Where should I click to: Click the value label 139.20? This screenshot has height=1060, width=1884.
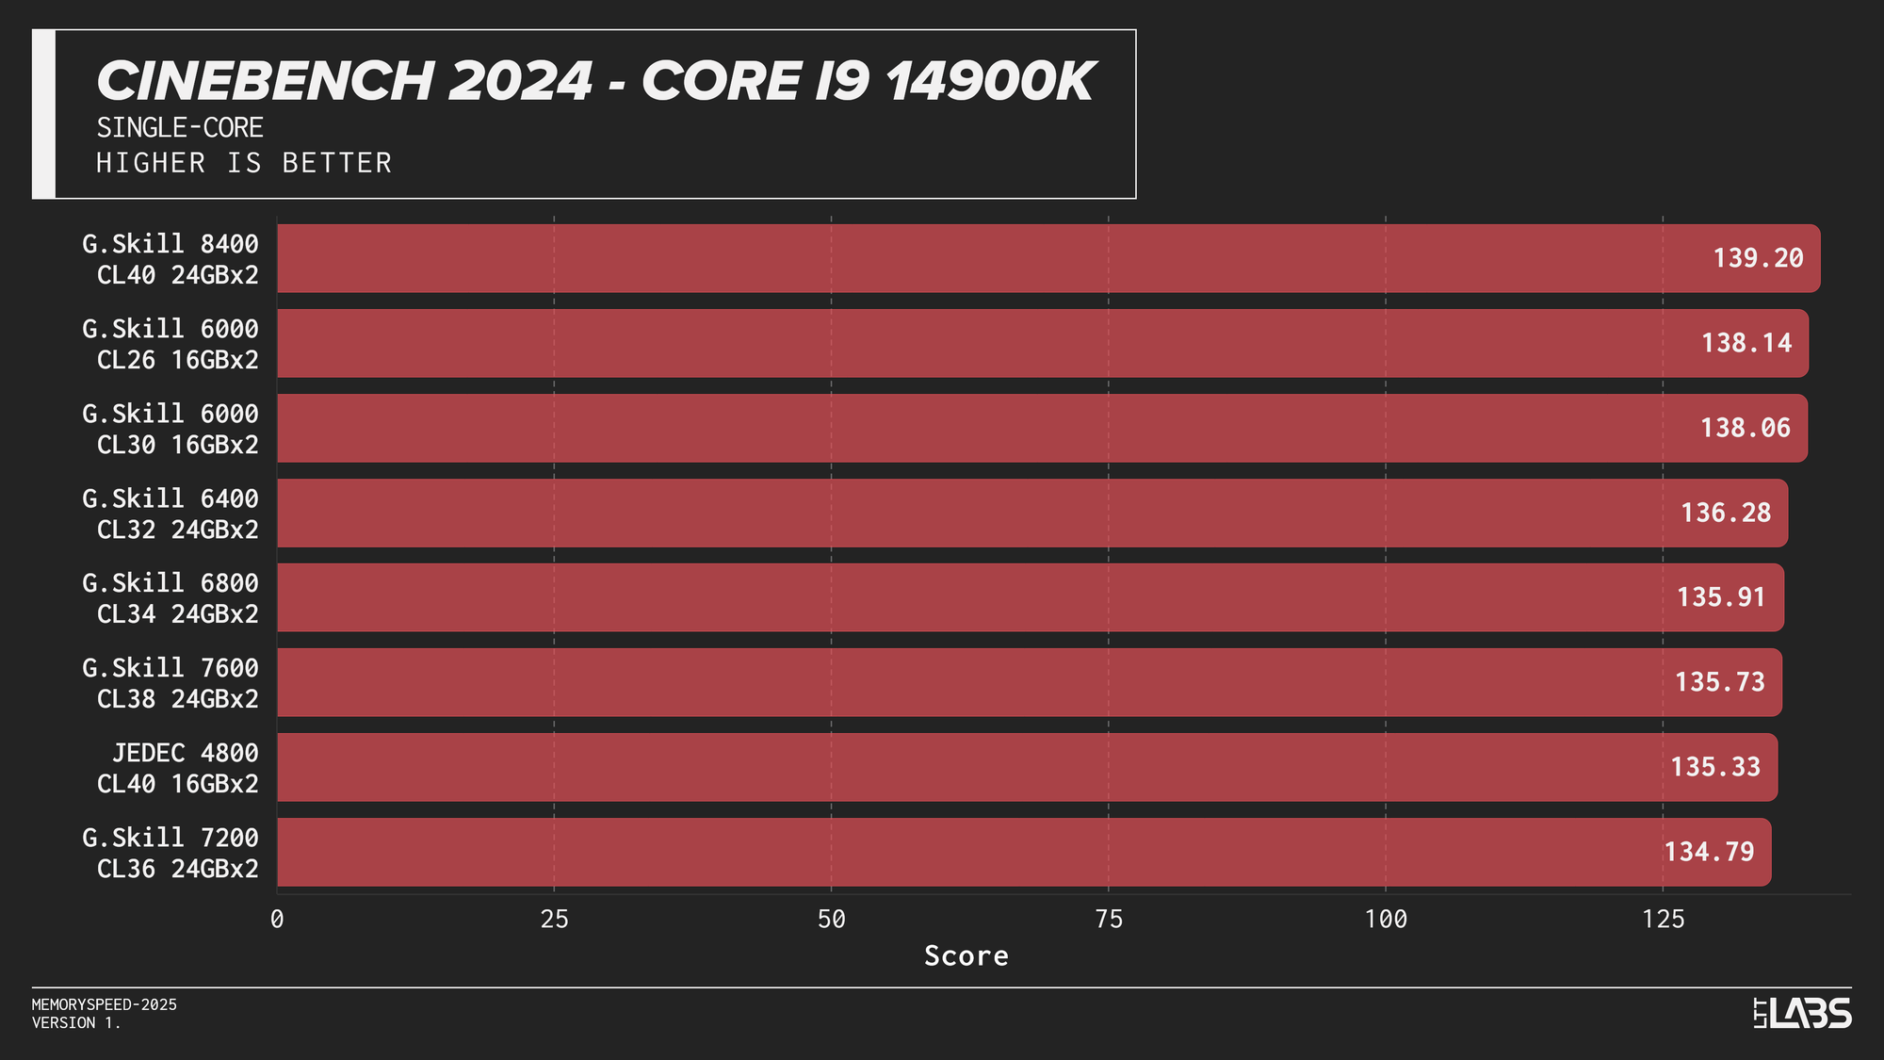[1758, 258]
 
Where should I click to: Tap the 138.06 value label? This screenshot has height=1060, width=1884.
[1745, 428]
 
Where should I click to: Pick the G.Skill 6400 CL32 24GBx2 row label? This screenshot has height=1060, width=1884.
[171, 514]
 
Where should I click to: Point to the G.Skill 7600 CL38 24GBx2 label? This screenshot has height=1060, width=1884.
[171, 683]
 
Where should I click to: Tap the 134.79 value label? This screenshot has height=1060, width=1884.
[1709, 852]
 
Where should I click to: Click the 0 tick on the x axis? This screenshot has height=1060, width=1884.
[277, 920]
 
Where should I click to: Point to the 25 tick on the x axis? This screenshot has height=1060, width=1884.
[554, 920]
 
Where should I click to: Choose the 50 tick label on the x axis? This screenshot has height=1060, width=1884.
[831, 920]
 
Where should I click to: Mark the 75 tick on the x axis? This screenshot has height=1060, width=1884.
[1109, 920]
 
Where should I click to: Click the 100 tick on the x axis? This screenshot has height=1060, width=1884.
[1386, 920]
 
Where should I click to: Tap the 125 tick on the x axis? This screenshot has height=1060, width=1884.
[1663, 920]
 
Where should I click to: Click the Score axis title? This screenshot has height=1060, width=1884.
[966, 956]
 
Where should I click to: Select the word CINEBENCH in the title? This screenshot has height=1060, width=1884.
[264, 81]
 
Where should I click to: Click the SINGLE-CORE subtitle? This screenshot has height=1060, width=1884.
[180, 128]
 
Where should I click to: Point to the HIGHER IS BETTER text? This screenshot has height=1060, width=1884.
[244, 163]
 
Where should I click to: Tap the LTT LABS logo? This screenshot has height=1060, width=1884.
[1802, 1014]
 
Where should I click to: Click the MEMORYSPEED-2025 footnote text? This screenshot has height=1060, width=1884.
[105, 1004]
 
